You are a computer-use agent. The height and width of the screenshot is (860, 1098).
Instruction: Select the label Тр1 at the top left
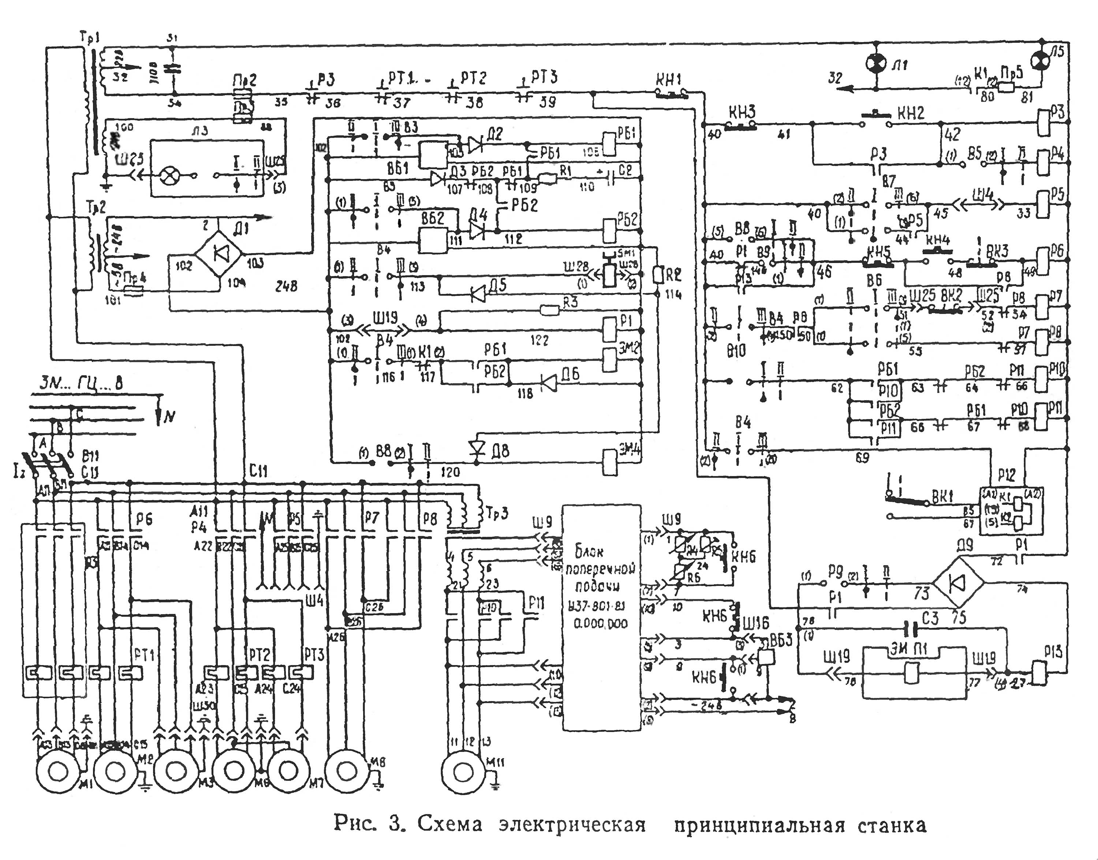90,38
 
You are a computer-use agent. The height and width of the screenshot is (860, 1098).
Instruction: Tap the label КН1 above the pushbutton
668,79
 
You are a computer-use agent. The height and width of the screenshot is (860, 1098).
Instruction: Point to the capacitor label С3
931,617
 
